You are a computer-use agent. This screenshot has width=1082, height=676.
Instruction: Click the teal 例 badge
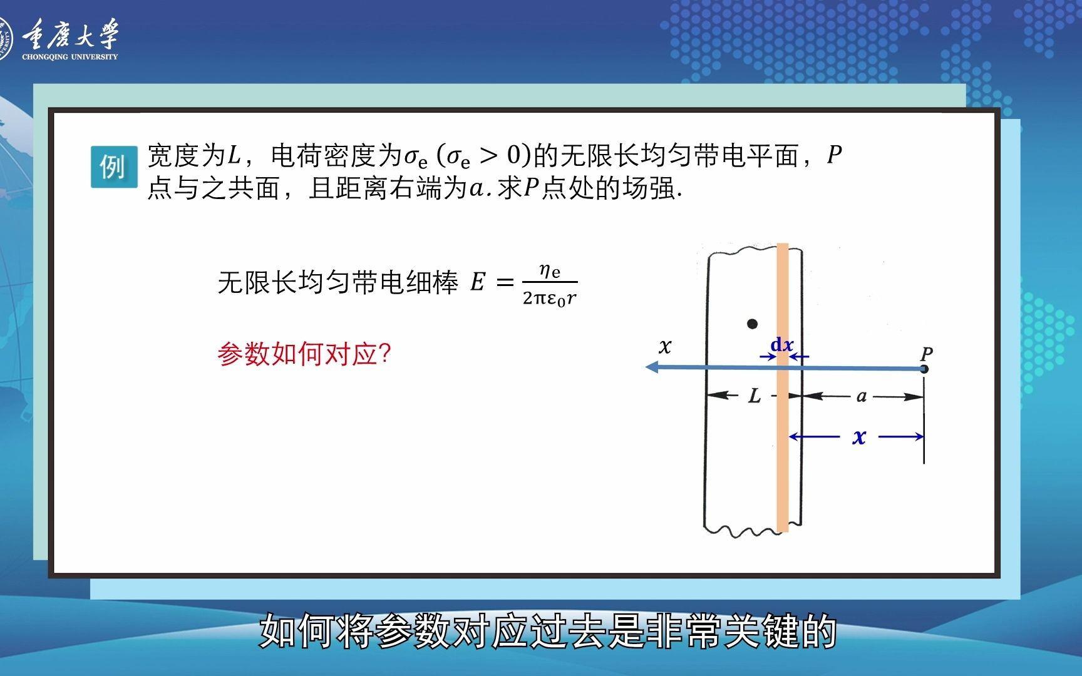(113, 166)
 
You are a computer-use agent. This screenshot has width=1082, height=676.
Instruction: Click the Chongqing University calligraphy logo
(70, 34)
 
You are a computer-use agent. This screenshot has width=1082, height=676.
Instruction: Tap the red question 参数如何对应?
(304, 354)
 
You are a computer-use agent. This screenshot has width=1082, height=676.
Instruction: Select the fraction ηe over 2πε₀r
(549, 284)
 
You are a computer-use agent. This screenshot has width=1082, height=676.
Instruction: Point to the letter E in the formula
(478, 282)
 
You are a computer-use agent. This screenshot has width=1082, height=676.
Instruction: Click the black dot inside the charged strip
(753, 324)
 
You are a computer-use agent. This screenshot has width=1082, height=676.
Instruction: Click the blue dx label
(782, 344)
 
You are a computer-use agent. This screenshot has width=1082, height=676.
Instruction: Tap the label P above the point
(927, 354)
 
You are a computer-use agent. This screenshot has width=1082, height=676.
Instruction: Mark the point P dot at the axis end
(924, 369)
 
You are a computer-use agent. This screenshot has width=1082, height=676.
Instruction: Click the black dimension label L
(755, 396)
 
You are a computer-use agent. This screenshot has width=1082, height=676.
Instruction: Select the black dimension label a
(862, 396)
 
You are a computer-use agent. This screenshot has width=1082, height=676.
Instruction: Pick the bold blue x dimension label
(859, 437)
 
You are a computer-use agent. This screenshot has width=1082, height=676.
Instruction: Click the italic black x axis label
(665, 346)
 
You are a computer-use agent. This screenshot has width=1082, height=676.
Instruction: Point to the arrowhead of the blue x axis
(652, 367)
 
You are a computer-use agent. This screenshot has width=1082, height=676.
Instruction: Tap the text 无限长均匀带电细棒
(338, 282)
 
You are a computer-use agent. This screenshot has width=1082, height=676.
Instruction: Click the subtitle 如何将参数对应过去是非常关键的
(547, 630)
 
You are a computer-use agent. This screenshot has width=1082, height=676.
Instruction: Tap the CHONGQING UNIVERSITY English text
(70, 57)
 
